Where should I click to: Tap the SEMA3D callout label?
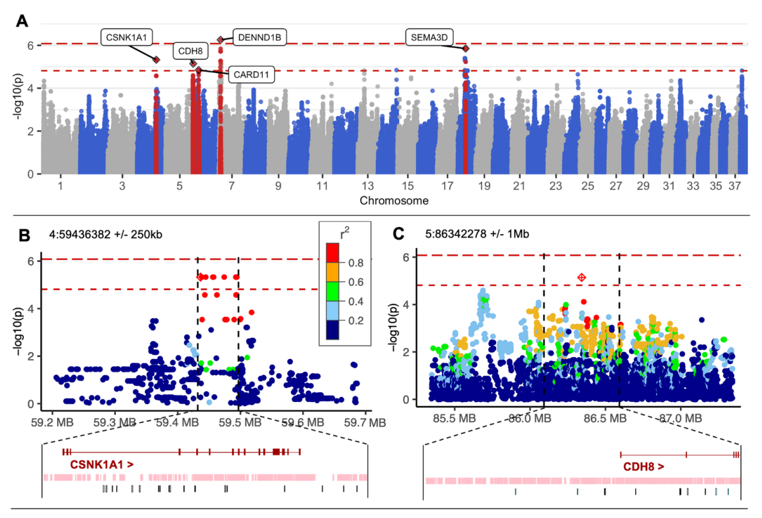430,37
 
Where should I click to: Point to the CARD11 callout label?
251,74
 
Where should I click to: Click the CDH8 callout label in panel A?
187,51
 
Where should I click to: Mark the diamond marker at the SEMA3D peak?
466,49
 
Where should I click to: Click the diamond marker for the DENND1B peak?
220,40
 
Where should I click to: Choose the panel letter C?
399,235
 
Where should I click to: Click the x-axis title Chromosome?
394,201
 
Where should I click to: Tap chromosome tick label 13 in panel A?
367,187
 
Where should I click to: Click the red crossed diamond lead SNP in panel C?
581,277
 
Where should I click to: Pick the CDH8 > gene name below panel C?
643,467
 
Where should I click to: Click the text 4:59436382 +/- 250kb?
106,234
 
